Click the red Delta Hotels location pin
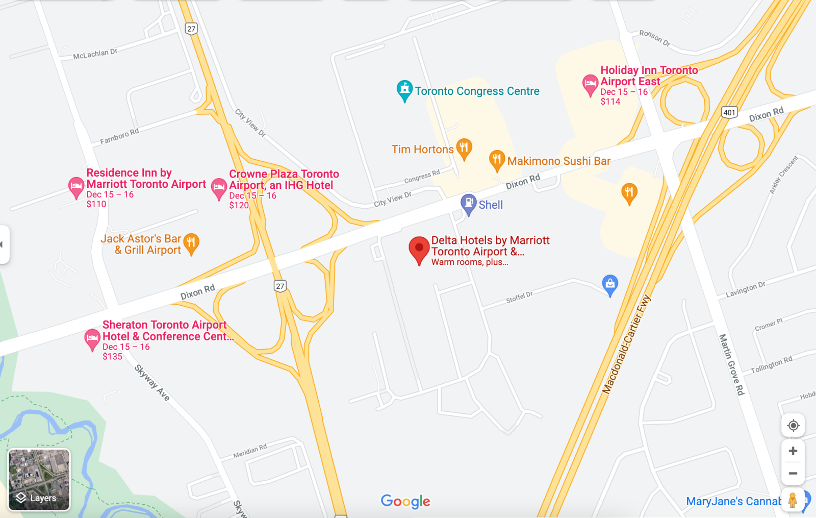[419, 249]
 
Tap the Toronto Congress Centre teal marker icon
[404, 90]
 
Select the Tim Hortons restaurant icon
[464, 148]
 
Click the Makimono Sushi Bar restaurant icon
[497, 160]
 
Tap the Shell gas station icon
[468, 204]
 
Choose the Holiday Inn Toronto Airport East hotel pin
[590, 84]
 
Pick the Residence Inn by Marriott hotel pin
[76, 186]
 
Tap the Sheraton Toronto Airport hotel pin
[92, 338]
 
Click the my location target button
[793, 426]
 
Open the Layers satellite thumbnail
[39, 480]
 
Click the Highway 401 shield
[730, 113]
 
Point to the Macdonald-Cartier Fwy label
[626, 344]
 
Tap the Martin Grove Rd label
[732, 364]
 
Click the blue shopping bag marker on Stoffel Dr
[610, 284]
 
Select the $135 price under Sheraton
[112, 357]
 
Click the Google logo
[405, 502]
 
